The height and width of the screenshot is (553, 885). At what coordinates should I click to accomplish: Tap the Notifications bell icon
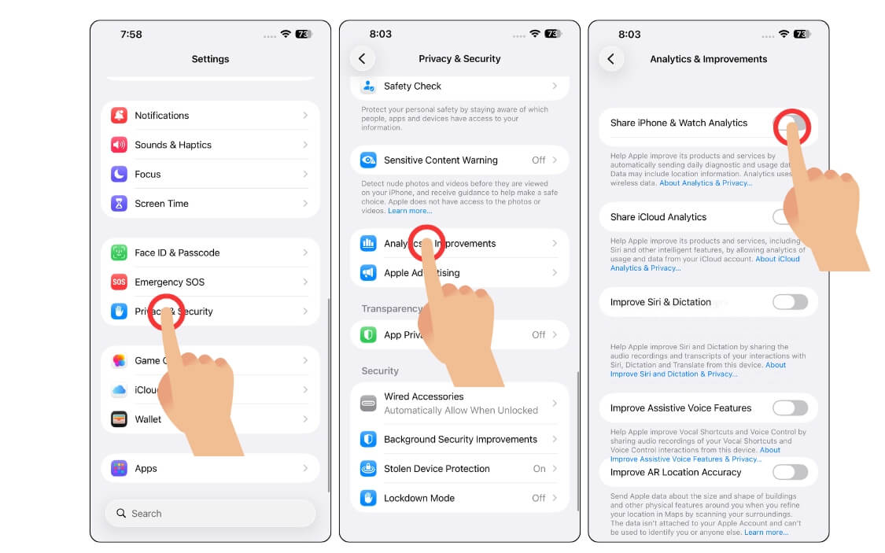[x=119, y=116]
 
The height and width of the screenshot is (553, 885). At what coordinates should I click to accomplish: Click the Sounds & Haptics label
[x=173, y=145]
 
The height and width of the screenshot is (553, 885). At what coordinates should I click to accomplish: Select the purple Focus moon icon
[x=119, y=174]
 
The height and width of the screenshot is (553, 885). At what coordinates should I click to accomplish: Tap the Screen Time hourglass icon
[x=119, y=204]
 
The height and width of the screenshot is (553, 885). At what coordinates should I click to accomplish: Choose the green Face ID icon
[x=119, y=253]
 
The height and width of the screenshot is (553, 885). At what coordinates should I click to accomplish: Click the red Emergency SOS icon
[x=119, y=282]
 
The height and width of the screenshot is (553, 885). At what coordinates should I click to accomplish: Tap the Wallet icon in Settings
[x=119, y=419]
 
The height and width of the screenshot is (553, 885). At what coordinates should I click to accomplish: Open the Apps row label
[x=146, y=469]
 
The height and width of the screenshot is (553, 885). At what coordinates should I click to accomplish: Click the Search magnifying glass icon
[x=121, y=514]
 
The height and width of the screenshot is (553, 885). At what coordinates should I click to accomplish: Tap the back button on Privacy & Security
[x=362, y=59]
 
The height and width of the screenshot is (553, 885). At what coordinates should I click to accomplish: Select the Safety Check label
[x=412, y=87]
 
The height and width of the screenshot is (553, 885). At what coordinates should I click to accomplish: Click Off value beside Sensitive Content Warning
[x=538, y=160]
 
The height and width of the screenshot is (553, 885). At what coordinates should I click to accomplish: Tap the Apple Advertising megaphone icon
[x=368, y=273]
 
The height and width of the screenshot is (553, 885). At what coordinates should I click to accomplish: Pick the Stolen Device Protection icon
[x=368, y=469]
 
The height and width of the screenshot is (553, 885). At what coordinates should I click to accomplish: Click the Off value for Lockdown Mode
[x=538, y=498]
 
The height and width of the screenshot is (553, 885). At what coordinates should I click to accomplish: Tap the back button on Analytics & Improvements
[x=610, y=59]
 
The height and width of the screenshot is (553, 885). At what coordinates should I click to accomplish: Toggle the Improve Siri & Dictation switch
[x=790, y=302]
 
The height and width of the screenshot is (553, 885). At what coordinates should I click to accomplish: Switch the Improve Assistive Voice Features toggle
[x=790, y=408]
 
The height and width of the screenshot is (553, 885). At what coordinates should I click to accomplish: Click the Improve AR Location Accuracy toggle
[x=790, y=473]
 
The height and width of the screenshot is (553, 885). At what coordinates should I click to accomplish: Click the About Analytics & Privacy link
[x=706, y=183]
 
